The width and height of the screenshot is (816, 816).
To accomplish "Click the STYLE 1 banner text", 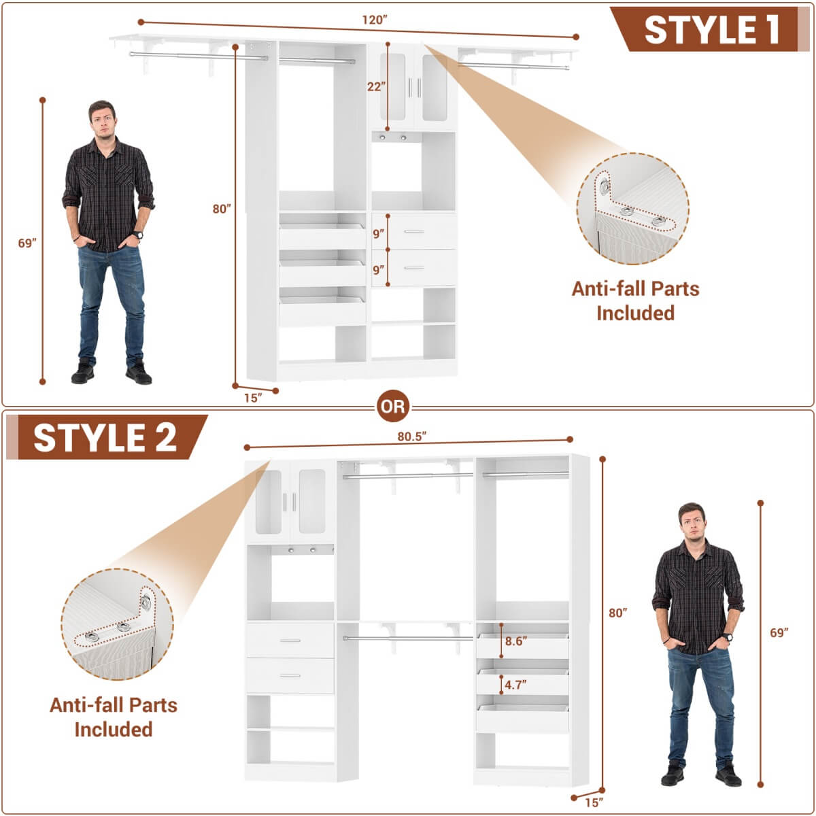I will (x=711, y=30).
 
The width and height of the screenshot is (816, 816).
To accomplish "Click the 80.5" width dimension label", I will (x=411, y=437).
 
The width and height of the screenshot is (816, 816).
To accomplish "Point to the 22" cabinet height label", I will (x=376, y=86).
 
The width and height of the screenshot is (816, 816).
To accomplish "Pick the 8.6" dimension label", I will (x=515, y=641).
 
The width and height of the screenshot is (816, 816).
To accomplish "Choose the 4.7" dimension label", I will (x=515, y=685).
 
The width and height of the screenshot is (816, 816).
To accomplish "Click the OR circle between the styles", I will (x=393, y=407).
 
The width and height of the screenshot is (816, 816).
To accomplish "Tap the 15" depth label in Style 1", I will (x=253, y=398).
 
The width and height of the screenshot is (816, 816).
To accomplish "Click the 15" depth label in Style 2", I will (x=594, y=802).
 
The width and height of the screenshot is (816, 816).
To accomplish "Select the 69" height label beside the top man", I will (x=27, y=243).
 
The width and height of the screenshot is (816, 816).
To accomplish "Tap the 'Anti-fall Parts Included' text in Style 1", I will (x=635, y=301).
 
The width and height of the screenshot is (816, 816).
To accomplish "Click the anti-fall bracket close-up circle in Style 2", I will (x=117, y=624).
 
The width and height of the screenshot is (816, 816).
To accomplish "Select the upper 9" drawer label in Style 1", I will (x=379, y=233).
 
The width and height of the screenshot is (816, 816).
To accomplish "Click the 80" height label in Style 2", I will (x=617, y=613).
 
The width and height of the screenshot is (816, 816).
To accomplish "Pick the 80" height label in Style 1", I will (x=221, y=209).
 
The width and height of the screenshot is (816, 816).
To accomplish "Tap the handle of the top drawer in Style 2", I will (x=290, y=641).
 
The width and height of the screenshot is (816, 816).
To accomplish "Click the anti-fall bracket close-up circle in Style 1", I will (x=632, y=207).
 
